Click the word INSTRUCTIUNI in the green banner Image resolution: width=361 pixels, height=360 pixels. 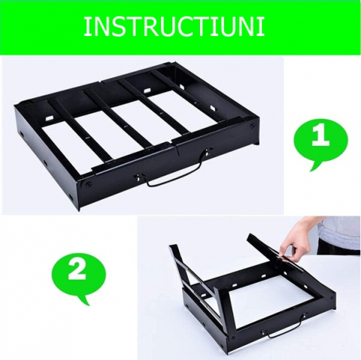[174, 26]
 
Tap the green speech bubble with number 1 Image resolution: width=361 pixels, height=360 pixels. [321, 141]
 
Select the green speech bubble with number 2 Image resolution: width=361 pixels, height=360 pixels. [79, 273]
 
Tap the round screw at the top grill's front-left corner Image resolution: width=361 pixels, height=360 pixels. [88, 185]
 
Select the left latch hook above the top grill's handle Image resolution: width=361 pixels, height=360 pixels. [138, 177]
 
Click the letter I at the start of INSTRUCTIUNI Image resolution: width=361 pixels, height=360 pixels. [86, 27]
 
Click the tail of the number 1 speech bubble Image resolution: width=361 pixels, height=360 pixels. [315, 165]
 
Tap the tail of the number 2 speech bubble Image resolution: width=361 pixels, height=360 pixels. [85, 300]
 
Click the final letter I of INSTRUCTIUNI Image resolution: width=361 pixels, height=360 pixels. [262, 27]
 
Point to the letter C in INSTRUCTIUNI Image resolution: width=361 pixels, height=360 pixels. [180, 27]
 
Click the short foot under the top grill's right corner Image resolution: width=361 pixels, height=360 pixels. [256, 142]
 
